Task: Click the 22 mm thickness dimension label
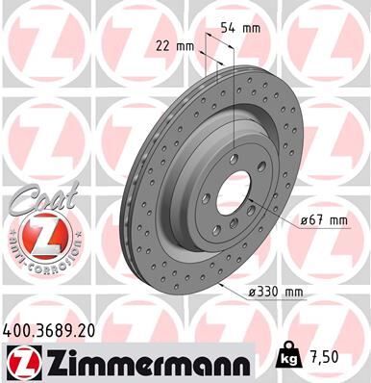(174, 44)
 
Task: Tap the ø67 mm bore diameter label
(323, 220)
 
